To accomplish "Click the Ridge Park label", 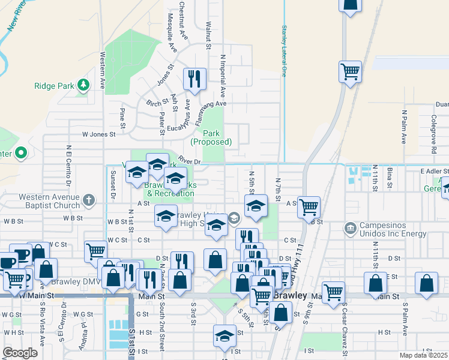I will pos(53,86).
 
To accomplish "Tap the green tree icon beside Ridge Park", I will pos(83,86).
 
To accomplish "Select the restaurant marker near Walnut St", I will pos(194,79).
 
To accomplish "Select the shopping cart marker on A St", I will pos(309,208).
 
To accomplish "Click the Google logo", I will pos(20,353).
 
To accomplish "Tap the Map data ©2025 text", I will pos(423,355).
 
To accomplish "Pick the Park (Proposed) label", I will pos(211,137).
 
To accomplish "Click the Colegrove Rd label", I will pos(433,129).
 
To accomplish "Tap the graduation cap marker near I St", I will pos(224,336).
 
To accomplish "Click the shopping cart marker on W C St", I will pos(96,252).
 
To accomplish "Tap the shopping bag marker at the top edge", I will pos(350,4).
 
